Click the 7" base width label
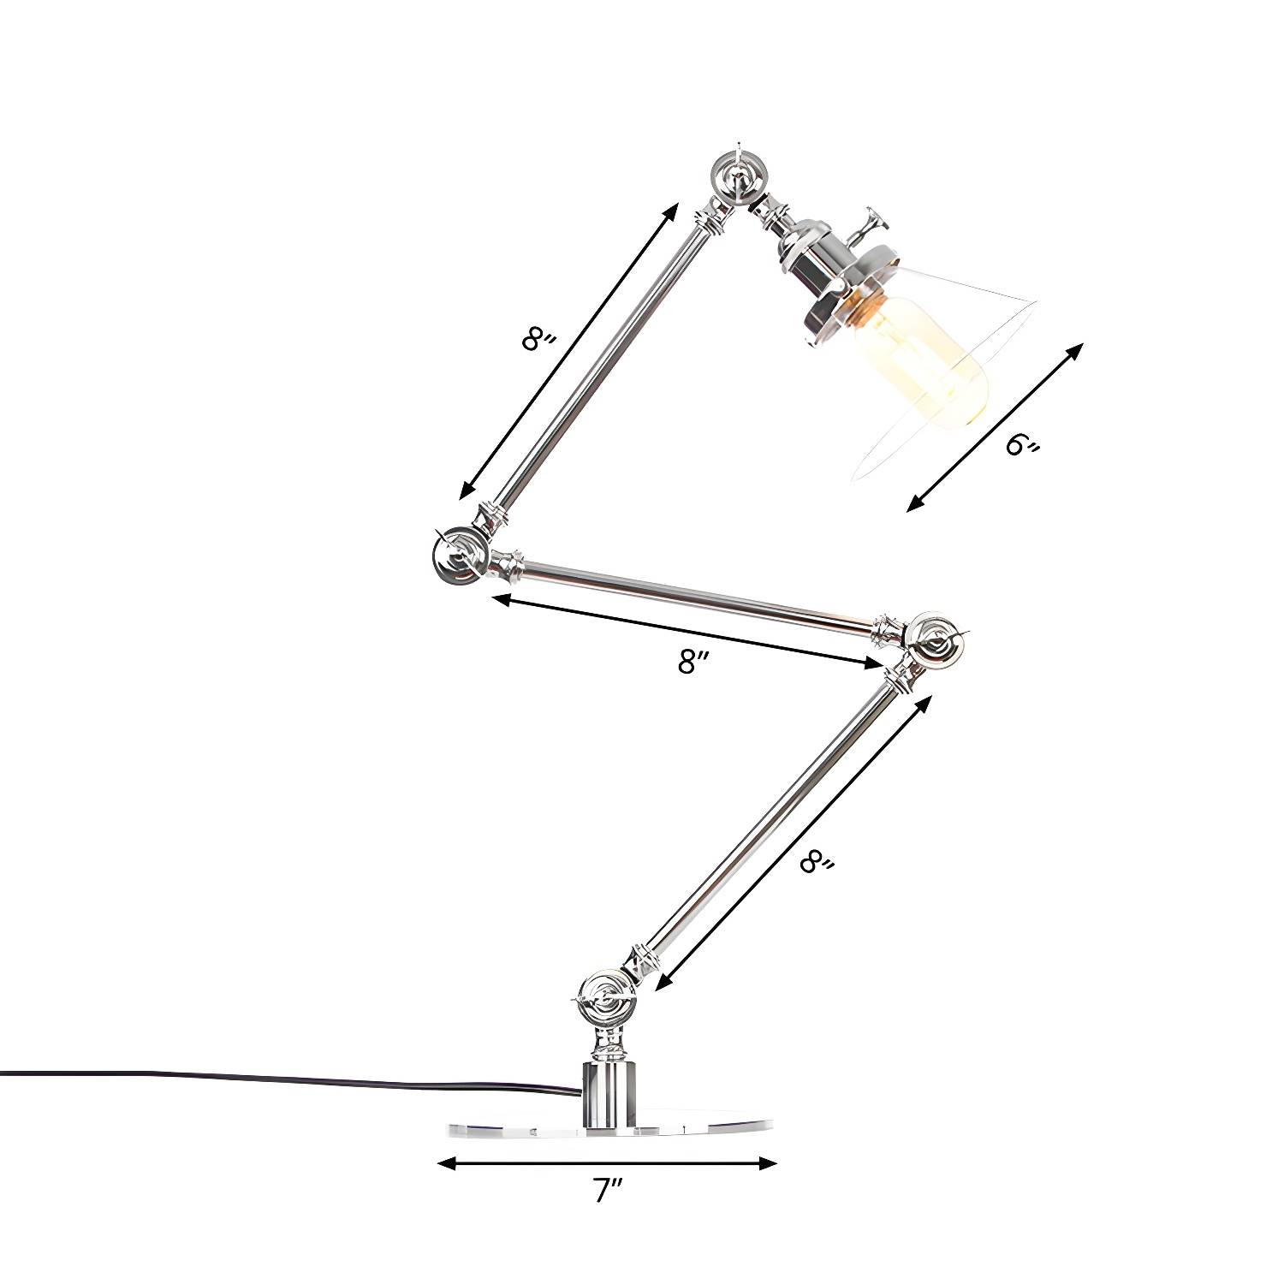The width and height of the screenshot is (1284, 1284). point(609,1191)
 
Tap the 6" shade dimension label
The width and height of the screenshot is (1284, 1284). point(1023,444)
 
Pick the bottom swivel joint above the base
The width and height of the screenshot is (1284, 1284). point(605,1001)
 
